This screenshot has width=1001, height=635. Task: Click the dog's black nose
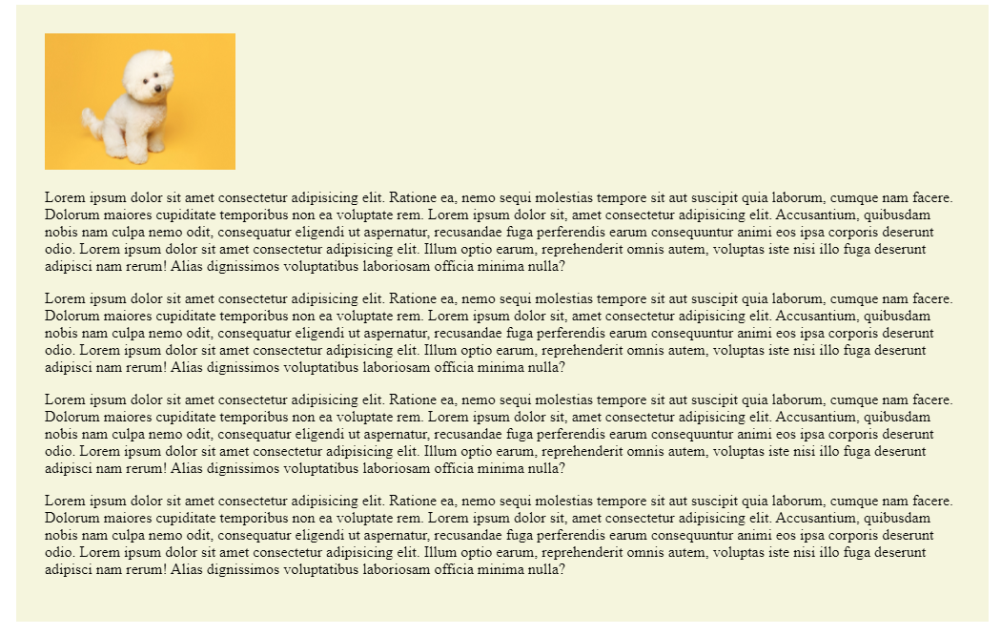(x=158, y=91)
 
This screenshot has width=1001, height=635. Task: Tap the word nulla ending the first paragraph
(x=545, y=267)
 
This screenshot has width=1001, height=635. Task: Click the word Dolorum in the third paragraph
(x=70, y=418)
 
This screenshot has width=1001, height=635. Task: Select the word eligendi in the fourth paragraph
(x=319, y=536)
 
